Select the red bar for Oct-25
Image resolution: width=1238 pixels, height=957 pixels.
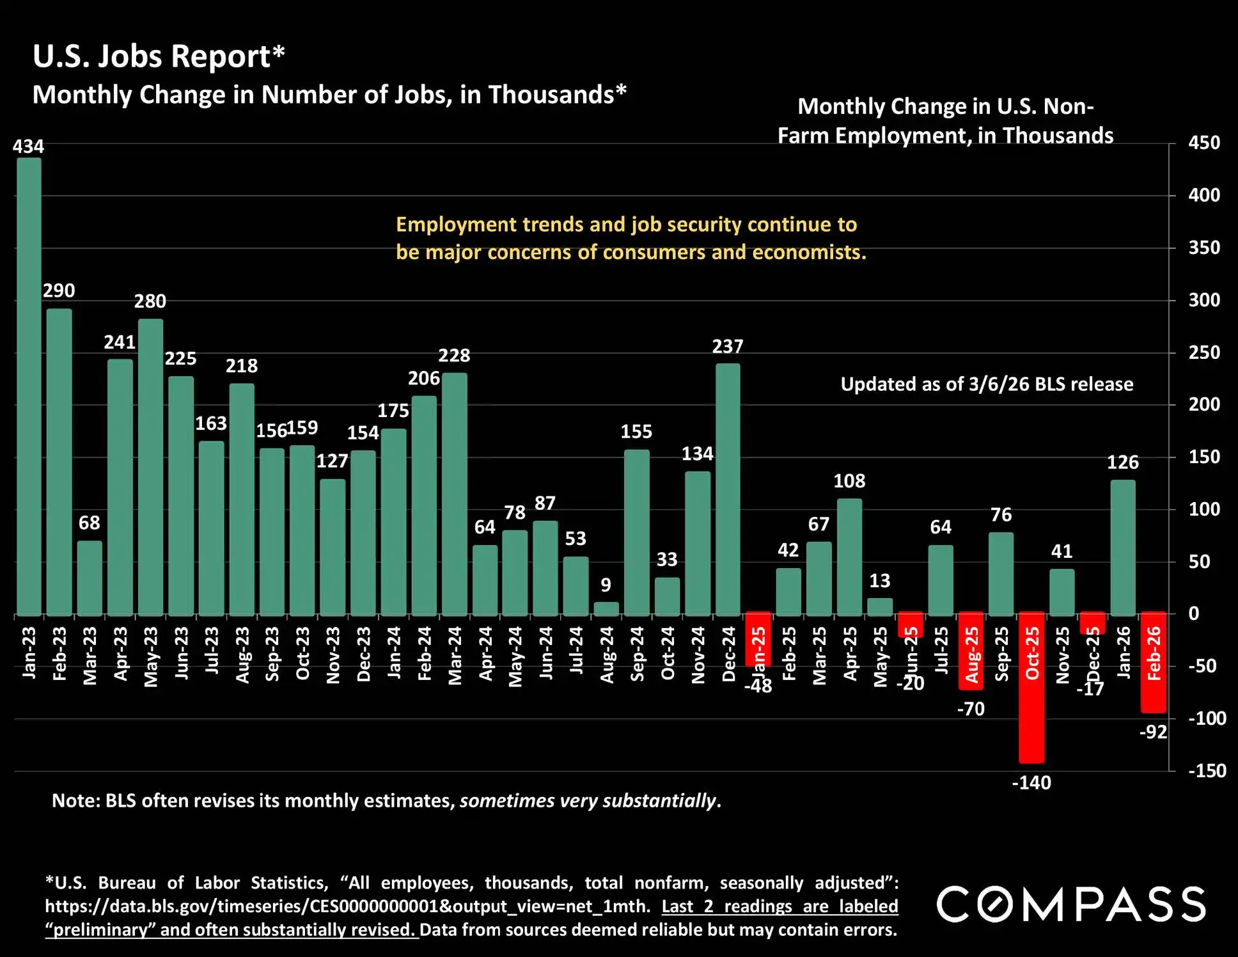point(1031,688)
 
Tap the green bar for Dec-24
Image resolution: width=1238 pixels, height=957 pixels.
point(728,489)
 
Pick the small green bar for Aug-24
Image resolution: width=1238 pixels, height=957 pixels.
point(606,608)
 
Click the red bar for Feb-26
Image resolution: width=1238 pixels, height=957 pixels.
point(1153,663)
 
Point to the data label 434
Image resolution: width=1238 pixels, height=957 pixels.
point(28,146)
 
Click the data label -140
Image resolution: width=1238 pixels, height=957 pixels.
point(1031,782)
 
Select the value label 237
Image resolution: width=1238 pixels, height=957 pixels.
point(728,346)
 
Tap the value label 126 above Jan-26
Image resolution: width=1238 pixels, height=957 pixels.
point(1122,462)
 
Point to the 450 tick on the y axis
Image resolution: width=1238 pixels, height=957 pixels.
point(1203,143)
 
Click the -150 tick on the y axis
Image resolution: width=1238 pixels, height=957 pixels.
point(1207,770)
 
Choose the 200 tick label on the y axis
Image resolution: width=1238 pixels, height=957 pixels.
point(1203,404)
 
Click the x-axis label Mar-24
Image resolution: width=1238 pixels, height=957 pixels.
point(455,656)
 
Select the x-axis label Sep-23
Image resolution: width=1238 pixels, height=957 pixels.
point(272,654)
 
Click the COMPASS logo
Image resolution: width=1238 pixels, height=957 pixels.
point(1071,904)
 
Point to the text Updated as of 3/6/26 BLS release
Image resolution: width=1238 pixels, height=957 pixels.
point(986,384)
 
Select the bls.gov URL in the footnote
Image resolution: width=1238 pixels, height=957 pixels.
point(347,906)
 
